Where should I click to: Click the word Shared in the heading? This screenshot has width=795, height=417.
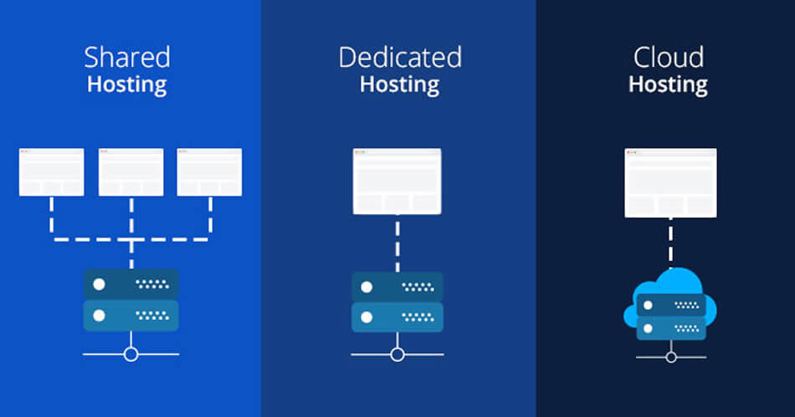(126, 58)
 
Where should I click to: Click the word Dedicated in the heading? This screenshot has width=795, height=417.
(399, 58)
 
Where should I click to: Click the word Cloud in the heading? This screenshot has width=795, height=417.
(668, 58)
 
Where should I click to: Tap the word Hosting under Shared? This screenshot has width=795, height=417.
(126, 84)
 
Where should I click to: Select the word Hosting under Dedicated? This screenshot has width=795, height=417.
(399, 84)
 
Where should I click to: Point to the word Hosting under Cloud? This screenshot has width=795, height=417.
(668, 84)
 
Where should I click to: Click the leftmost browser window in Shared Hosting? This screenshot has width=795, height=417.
(52, 172)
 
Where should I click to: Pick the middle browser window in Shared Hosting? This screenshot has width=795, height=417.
(131, 172)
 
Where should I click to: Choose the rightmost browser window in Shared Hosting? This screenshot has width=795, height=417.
(209, 172)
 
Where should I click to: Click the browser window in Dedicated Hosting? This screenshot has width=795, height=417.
(397, 181)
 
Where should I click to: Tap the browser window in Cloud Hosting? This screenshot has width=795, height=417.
(670, 182)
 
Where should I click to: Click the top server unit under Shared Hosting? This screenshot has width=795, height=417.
(131, 284)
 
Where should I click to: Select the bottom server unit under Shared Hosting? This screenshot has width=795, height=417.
(131, 316)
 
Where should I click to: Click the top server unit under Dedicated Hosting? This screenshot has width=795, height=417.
(397, 286)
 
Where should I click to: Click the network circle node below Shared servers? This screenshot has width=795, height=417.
(131, 354)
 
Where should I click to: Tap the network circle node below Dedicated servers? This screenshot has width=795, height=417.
(397, 354)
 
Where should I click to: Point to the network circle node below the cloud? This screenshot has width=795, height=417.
(670, 357)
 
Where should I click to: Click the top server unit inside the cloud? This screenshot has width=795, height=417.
(670, 305)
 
